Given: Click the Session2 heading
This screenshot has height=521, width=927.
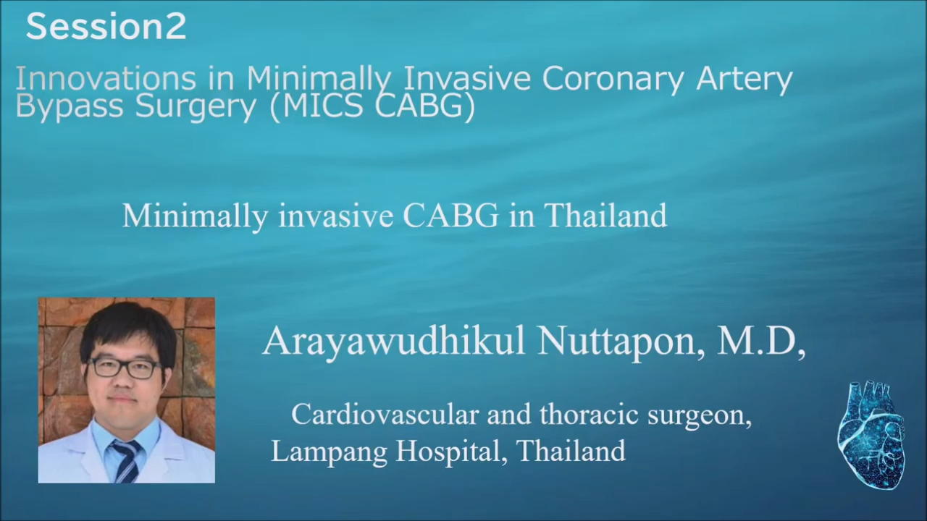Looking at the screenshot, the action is coord(106,27).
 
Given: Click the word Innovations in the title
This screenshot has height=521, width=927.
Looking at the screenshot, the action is coord(106,78).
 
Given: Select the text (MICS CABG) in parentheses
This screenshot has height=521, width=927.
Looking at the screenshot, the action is coord(372,107).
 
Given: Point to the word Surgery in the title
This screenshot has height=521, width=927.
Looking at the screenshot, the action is coord(196,107).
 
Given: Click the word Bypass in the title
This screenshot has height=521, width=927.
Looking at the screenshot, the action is coord(70,107).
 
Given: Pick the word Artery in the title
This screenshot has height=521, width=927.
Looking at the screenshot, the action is coord(744,80).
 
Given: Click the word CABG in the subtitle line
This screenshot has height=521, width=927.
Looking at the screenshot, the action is coord(450,216).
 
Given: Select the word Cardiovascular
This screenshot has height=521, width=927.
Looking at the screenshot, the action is coord(385,415).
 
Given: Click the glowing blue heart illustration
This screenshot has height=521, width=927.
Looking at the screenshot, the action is coord(872,435).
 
